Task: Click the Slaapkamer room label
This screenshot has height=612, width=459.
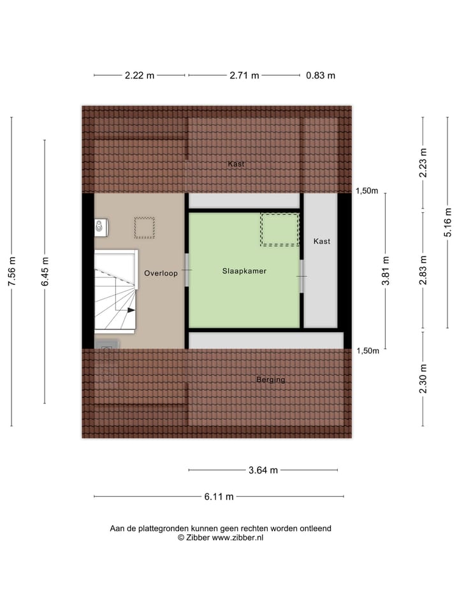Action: (244, 271)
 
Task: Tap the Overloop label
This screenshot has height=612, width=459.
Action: (160, 273)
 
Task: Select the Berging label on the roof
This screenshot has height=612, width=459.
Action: (271, 380)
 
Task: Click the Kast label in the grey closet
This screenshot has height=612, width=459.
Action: (322, 242)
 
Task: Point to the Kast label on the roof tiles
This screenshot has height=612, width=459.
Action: (237, 164)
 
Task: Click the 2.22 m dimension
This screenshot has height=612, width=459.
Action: (140, 75)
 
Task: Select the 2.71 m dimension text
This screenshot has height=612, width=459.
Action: (244, 75)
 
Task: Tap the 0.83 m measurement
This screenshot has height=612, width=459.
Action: (321, 75)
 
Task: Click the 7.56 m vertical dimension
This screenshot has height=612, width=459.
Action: (11, 272)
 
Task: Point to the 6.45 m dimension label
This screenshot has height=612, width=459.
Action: (45, 272)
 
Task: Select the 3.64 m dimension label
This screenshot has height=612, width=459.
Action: (263, 470)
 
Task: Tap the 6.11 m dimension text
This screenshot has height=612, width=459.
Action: (219, 497)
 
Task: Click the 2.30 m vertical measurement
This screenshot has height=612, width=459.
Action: (423, 379)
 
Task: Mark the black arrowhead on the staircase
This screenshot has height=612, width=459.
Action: (131, 310)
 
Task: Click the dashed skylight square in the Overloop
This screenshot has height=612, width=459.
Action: (144, 228)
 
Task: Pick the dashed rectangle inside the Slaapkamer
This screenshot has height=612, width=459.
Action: (279, 229)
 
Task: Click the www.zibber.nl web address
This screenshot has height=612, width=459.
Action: (238, 537)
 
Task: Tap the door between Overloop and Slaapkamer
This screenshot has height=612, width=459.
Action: (187, 271)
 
